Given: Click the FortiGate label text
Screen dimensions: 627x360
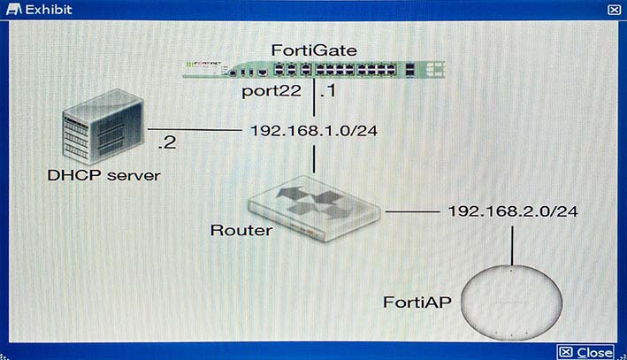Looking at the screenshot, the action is coord(314,50).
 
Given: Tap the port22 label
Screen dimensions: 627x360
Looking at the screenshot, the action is coord(271,92).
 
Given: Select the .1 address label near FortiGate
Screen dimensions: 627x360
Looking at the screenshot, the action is coord(328,91).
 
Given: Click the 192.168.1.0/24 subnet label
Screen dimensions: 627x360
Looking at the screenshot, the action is coord(314,131).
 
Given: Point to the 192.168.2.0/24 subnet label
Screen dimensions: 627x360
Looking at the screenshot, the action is coord(513,211).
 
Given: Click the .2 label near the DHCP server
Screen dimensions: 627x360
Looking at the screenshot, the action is coord(167,142).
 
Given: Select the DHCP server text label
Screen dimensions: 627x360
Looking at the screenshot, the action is coord(103,175).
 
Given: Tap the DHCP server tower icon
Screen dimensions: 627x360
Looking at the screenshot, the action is coord(103,126).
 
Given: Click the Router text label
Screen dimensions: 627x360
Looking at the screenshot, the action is coord(241,230).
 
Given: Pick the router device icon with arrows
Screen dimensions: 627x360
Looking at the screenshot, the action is coord(314,209).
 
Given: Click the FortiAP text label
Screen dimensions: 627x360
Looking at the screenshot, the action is coord(417,303).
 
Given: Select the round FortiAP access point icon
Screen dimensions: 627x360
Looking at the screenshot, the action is coord(511,303).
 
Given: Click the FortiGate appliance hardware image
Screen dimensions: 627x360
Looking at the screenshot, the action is coord(313,70).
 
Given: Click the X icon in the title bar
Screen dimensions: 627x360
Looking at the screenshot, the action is coord(614,10).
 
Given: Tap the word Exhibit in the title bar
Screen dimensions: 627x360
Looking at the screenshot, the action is coord(49,10).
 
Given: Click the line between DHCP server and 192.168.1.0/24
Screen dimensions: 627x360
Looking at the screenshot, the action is coord(195,130).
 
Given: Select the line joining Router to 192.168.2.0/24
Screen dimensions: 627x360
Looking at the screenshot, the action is coord(412,211).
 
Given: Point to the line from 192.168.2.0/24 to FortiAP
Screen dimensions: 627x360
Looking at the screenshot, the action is coord(512,246).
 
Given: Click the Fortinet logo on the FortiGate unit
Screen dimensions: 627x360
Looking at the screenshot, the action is coord(206,64).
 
